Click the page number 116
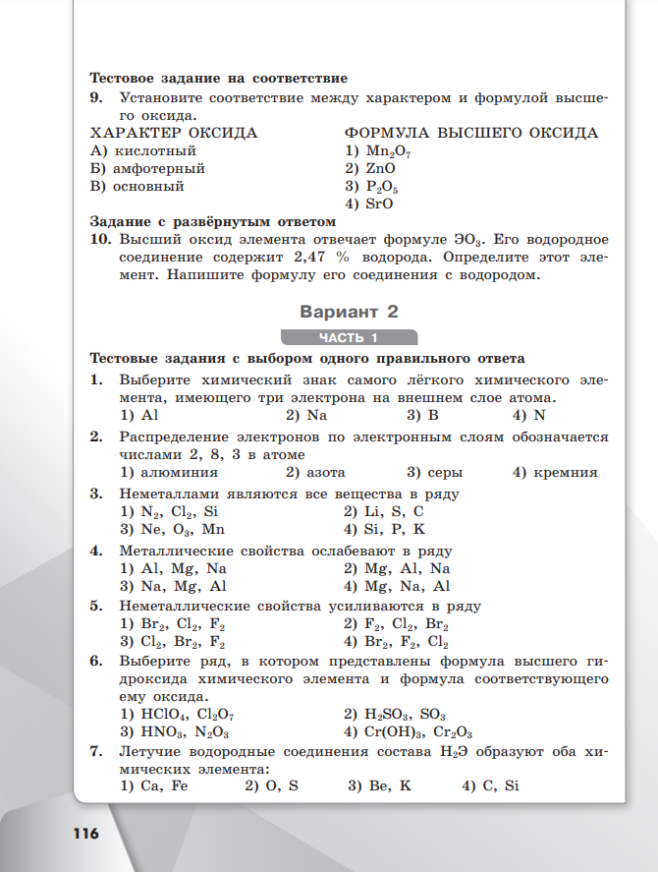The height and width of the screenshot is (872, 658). (84, 834)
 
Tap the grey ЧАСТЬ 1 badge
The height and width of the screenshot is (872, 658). (349, 338)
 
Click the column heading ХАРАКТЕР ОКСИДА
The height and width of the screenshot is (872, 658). (174, 133)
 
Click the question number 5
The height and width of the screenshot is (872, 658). (96, 606)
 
